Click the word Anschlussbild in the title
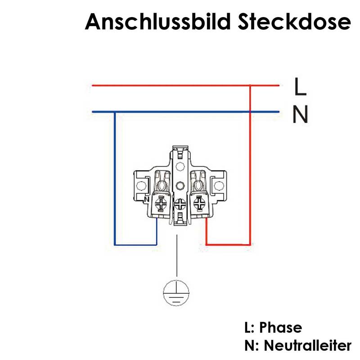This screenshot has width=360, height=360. [x=158, y=22]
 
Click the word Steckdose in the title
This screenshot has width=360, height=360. [x=294, y=22]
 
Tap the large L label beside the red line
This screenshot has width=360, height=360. [x=300, y=86]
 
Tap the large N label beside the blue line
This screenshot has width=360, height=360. [x=300, y=114]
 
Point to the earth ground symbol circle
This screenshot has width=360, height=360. [x=176, y=293]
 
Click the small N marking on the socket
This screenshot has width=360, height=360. [x=147, y=199]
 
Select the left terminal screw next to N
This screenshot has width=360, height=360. [x=162, y=204]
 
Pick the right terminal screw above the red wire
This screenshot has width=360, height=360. [x=199, y=203]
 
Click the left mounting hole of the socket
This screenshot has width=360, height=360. [x=141, y=185]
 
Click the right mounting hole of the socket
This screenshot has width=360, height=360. [x=219, y=185]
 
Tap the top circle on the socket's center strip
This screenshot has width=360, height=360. [x=180, y=166]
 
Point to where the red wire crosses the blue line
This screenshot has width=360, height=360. [x=250, y=112]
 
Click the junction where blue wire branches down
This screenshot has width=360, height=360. [x=115, y=112]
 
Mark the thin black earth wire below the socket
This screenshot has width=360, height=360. [x=177, y=255]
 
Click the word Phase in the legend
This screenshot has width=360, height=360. [x=280, y=328]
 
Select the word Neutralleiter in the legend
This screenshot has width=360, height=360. [x=308, y=345]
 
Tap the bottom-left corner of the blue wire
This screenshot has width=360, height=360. [x=115, y=245]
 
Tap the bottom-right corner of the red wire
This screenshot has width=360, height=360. [x=250, y=244]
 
